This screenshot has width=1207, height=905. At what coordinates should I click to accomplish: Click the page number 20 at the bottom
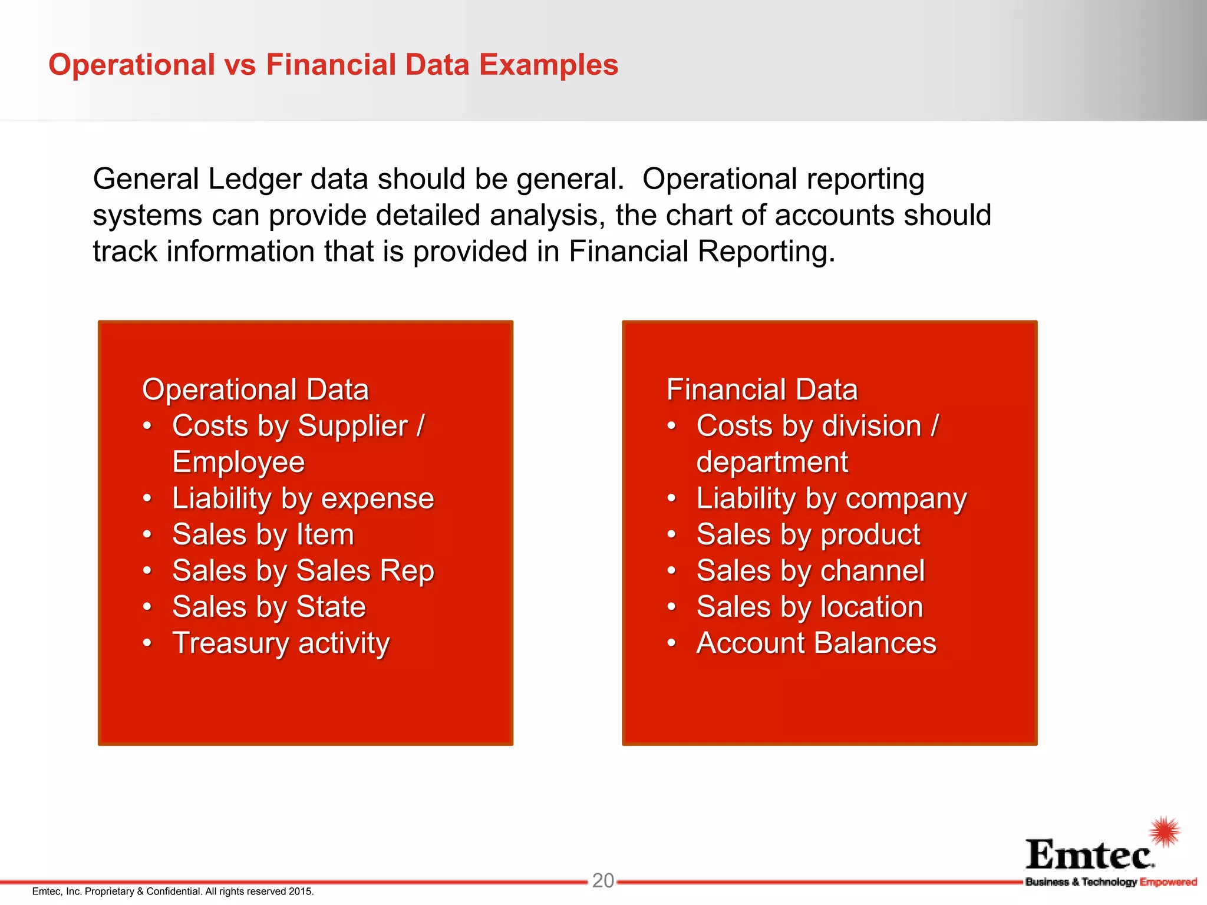pos(603,880)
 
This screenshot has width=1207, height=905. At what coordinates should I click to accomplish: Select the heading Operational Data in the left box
pos(255,390)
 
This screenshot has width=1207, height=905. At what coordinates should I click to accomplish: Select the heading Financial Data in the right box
pos(761,390)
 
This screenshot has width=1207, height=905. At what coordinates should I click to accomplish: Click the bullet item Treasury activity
pos(281,643)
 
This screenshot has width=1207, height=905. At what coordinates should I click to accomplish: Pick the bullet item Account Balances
pos(816,643)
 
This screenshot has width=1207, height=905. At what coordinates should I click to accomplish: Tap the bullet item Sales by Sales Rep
pos(303,571)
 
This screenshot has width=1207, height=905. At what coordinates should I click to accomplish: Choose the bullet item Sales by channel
pos(810,571)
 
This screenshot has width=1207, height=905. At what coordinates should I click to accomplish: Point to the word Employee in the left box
pos(238,462)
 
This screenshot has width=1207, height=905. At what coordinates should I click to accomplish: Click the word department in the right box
pos(771,462)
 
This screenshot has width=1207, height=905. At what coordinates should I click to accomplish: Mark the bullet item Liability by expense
pos(303,499)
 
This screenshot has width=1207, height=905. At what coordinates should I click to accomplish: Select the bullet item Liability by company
pos(831,499)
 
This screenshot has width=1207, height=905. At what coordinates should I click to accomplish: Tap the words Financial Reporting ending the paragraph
pos(701,252)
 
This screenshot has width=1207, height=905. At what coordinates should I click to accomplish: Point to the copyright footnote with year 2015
pos(173,891)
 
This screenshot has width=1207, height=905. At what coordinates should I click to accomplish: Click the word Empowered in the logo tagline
pos(1168,882)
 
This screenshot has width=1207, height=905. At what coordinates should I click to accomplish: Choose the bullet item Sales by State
pos(269,607)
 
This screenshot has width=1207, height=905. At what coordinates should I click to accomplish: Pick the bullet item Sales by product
pos(807,535)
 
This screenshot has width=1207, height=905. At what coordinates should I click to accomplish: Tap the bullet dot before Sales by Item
pos(147,535)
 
